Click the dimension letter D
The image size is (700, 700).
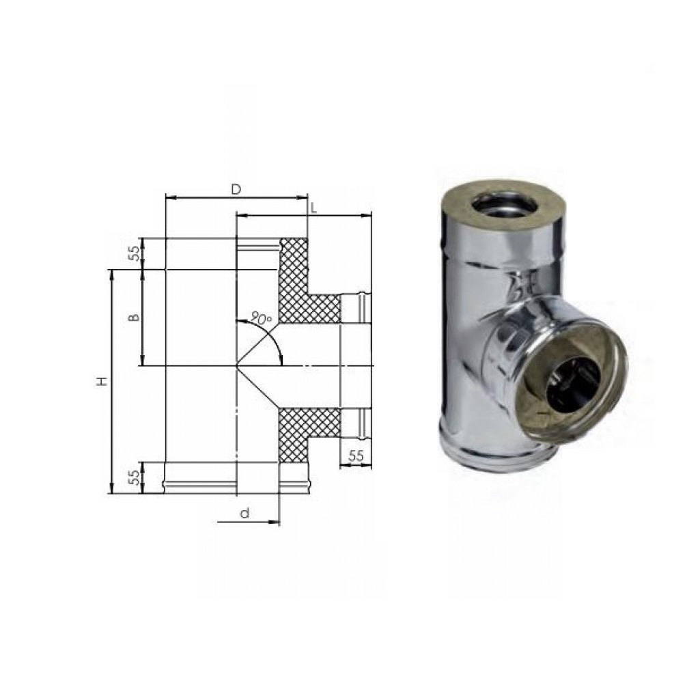pyautogui.click(x=236, y=189)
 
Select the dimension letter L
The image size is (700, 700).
pyautogui.click(x=313, y=208)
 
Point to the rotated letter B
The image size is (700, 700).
pyautogui.click(x=135, y=318)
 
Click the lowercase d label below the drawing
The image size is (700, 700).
pyautogui.click(x=244, y=514)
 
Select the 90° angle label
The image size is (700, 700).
pyautogui.click(x=262, y=318)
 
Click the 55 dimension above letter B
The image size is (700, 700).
pyautogui.click(x=135, y=253)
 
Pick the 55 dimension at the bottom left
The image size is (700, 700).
pyautogui.click(x=135, y=477)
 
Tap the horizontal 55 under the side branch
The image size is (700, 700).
pyautogui.click(x=355, y=456)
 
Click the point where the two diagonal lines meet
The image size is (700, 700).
pyautogui.click(x=236, y=366)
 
